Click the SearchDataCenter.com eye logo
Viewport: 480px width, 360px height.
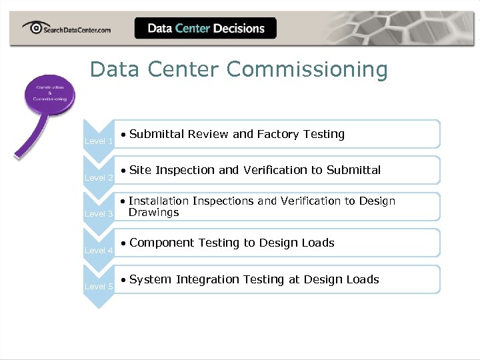tap(33, 28)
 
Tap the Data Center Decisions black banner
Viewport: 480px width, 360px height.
tap(205, 28)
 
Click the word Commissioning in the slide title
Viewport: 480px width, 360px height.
tap(307, 69)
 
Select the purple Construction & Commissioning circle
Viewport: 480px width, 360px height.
tap(47, 94)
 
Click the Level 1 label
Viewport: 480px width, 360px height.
tap(99, 141)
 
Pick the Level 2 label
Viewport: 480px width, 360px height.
tap(99, 177)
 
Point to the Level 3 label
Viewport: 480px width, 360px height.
tap(99, 213)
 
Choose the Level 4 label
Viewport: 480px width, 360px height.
tap(99, 250)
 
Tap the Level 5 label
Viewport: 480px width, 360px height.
tap(99, 286)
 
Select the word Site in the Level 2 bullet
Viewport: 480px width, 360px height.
tap(141, 170)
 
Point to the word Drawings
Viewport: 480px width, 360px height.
tap(154, 213)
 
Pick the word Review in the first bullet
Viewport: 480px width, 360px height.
tap(208, 134)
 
